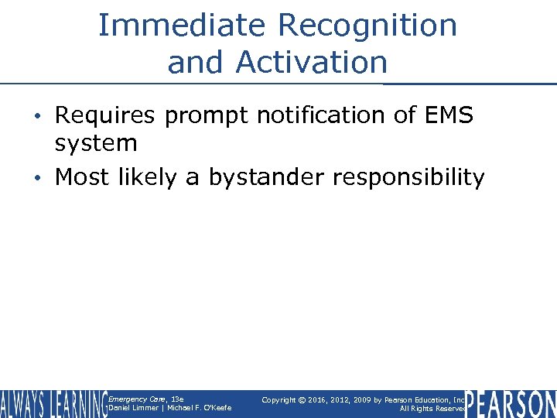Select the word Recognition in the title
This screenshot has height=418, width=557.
pos(367,26)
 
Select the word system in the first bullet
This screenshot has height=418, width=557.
pos(96,142)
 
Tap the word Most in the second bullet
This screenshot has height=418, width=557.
pos(84,177)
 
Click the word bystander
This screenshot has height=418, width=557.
pos(259,177)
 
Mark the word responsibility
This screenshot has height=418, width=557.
pos(408,177)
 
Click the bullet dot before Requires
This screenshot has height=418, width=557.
pos(44,116)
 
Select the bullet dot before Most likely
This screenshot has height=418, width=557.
pos(44,178)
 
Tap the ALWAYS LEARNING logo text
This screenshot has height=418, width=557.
pos(53,404)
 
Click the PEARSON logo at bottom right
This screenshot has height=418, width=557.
pos(511,404)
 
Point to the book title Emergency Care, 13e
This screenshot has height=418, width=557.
pos(145,399)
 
